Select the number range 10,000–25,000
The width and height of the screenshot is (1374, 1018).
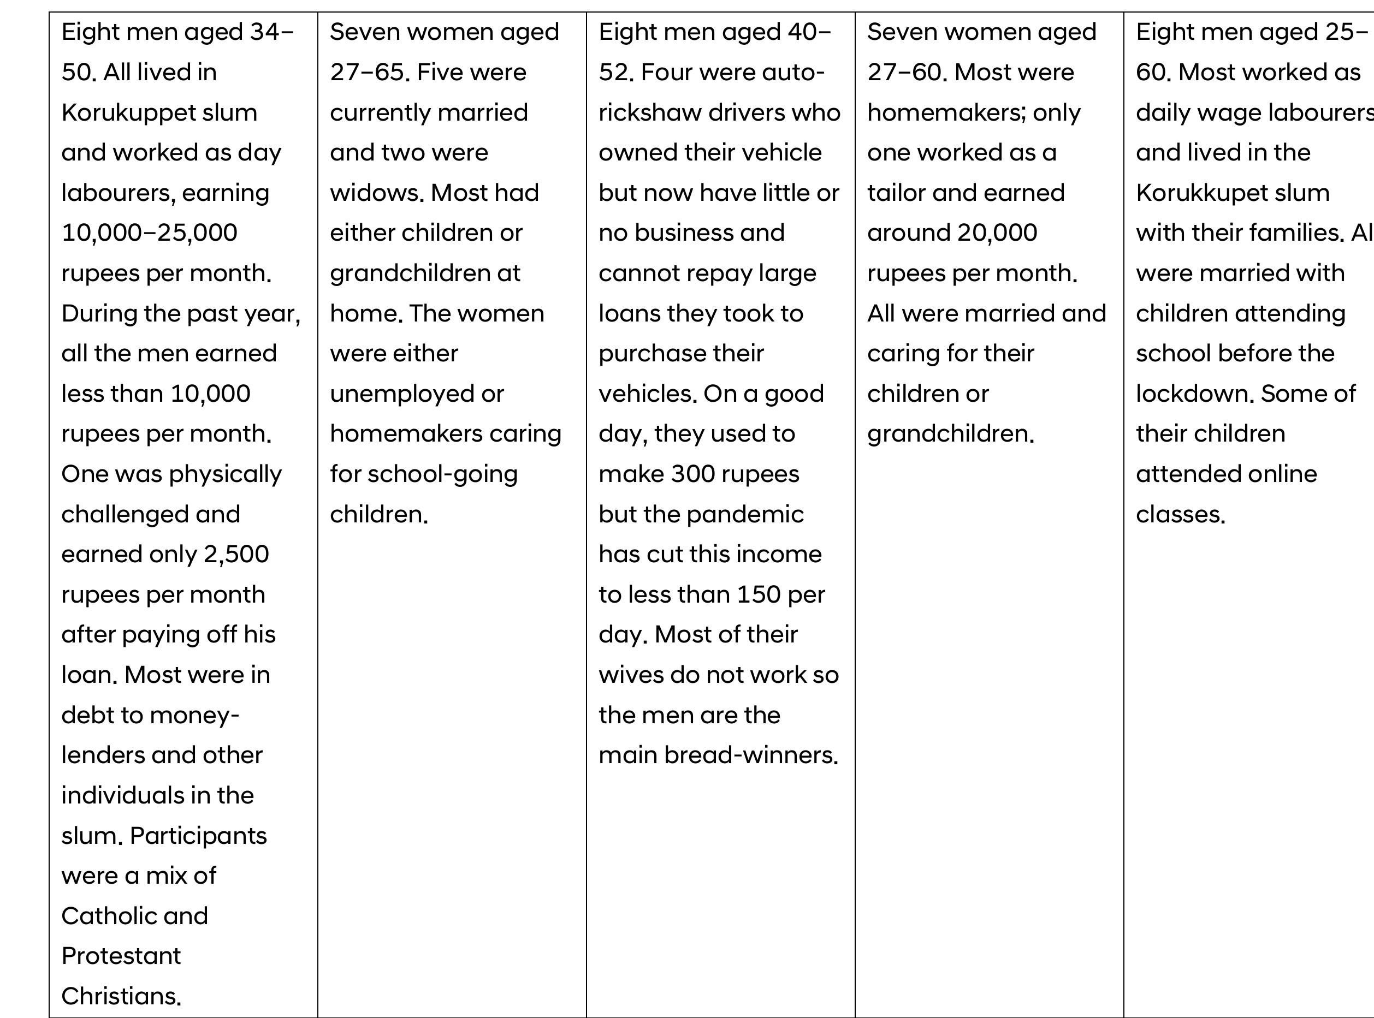tap(149, 233)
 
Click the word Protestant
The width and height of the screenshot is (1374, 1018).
tap(121, 956)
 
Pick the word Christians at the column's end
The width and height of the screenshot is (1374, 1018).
tap(121, 996)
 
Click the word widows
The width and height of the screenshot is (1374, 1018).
tap(377, 193)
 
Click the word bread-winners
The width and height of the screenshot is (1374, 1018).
tap(781, 755)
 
